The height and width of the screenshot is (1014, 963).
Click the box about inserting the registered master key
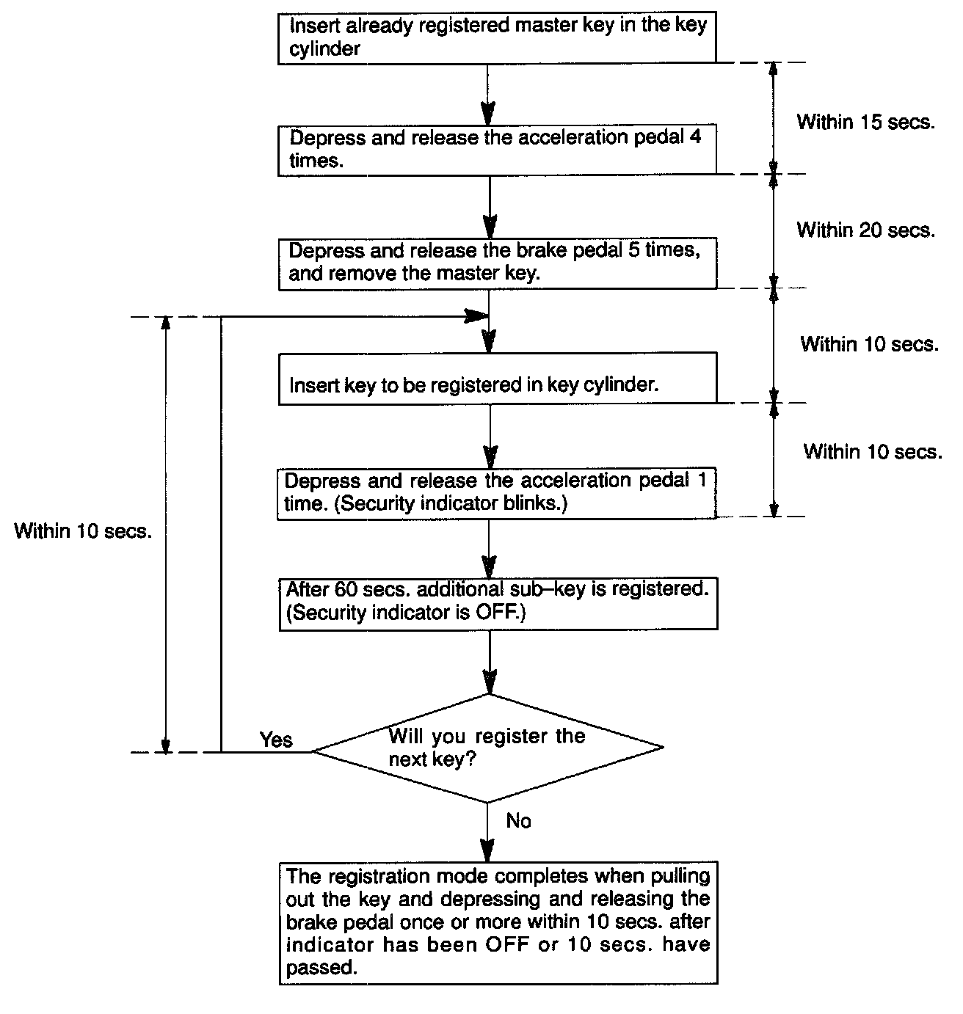click(x=497, y=37)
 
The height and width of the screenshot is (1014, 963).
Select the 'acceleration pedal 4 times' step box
click(x=497, y=150)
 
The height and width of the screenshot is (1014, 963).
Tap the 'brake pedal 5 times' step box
click(x=497, y=262)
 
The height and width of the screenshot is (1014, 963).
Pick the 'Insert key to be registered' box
click(x=497, y=378)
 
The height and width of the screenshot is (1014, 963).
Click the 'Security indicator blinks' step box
click(x=497, y=493)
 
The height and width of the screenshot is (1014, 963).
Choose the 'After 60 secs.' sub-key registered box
click(x=497, y=602)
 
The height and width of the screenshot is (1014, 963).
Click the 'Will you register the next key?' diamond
click(x=487, y=748)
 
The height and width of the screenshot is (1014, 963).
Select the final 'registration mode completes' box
click(x=498, y=922)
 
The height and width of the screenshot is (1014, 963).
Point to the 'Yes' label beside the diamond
click(x=276, y=740)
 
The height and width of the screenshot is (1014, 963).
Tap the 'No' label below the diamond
click(x=518, y=821)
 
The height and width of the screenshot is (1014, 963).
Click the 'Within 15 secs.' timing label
click(x=866, y=122)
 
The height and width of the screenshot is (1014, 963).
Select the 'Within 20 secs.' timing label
click(x=866, y=230)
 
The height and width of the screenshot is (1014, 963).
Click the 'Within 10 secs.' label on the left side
click(x=83, y=531)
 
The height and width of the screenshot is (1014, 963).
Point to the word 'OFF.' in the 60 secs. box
click(x=501, y=613)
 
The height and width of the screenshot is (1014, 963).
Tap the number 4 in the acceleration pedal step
click(x=694, y=137)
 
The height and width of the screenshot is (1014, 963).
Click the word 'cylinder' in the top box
click(x=324, y=49)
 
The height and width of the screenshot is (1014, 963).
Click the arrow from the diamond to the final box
click(x=487, y=833)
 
